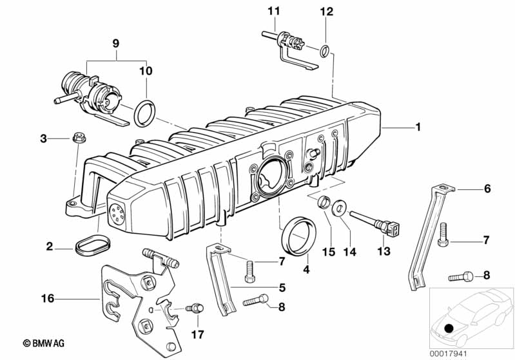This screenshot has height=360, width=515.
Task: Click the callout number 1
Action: point(418,127)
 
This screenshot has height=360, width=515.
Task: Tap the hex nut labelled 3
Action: point(79,138)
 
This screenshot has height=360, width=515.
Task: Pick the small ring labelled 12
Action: point(325,51)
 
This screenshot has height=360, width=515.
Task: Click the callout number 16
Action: point(47,299)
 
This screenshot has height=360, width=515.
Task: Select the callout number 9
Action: point(115,43)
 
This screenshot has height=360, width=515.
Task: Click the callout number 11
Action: point(274,11)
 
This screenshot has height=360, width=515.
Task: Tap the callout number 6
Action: point(487,189)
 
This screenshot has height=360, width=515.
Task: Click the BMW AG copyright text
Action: point(44,343)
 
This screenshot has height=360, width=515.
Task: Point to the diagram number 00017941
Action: point(448,354)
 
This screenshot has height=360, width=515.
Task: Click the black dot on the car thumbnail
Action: point(449,328)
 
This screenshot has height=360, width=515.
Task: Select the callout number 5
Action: point(282,288)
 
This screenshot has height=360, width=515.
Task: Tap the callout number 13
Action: point(384,251)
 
